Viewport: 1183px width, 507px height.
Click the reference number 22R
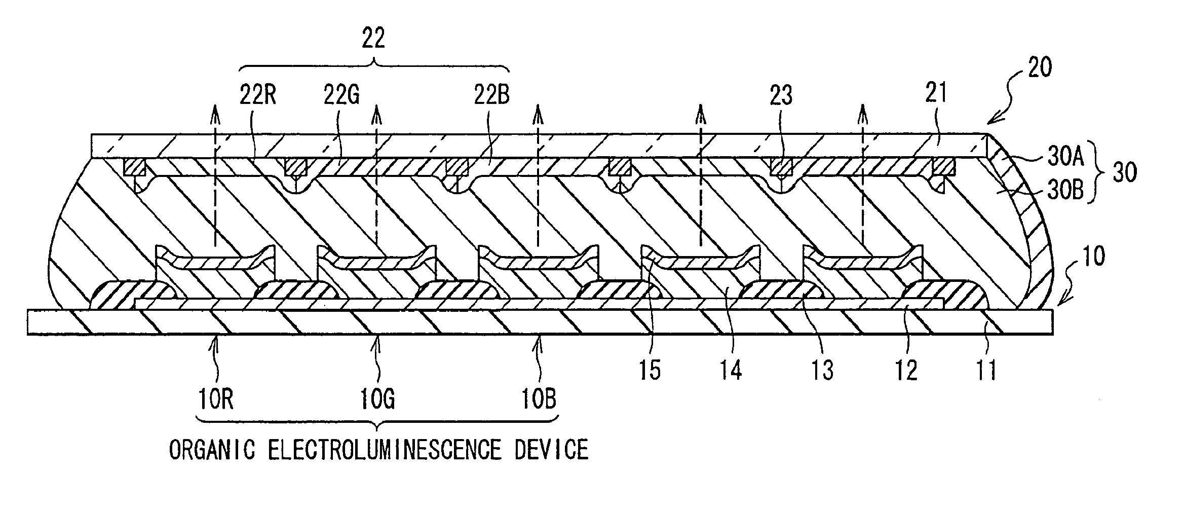point(258,96)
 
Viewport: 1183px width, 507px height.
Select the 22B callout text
point(491,96)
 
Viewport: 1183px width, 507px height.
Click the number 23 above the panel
point(780,96)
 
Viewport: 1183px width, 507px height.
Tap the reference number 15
point(650,371)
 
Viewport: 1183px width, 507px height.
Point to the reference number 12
point(905,371)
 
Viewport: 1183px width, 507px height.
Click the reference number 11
point(985,371)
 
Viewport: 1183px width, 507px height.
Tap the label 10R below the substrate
point(215,400)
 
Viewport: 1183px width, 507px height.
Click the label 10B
point(539,400)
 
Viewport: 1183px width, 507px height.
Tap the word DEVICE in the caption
point(552,450)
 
